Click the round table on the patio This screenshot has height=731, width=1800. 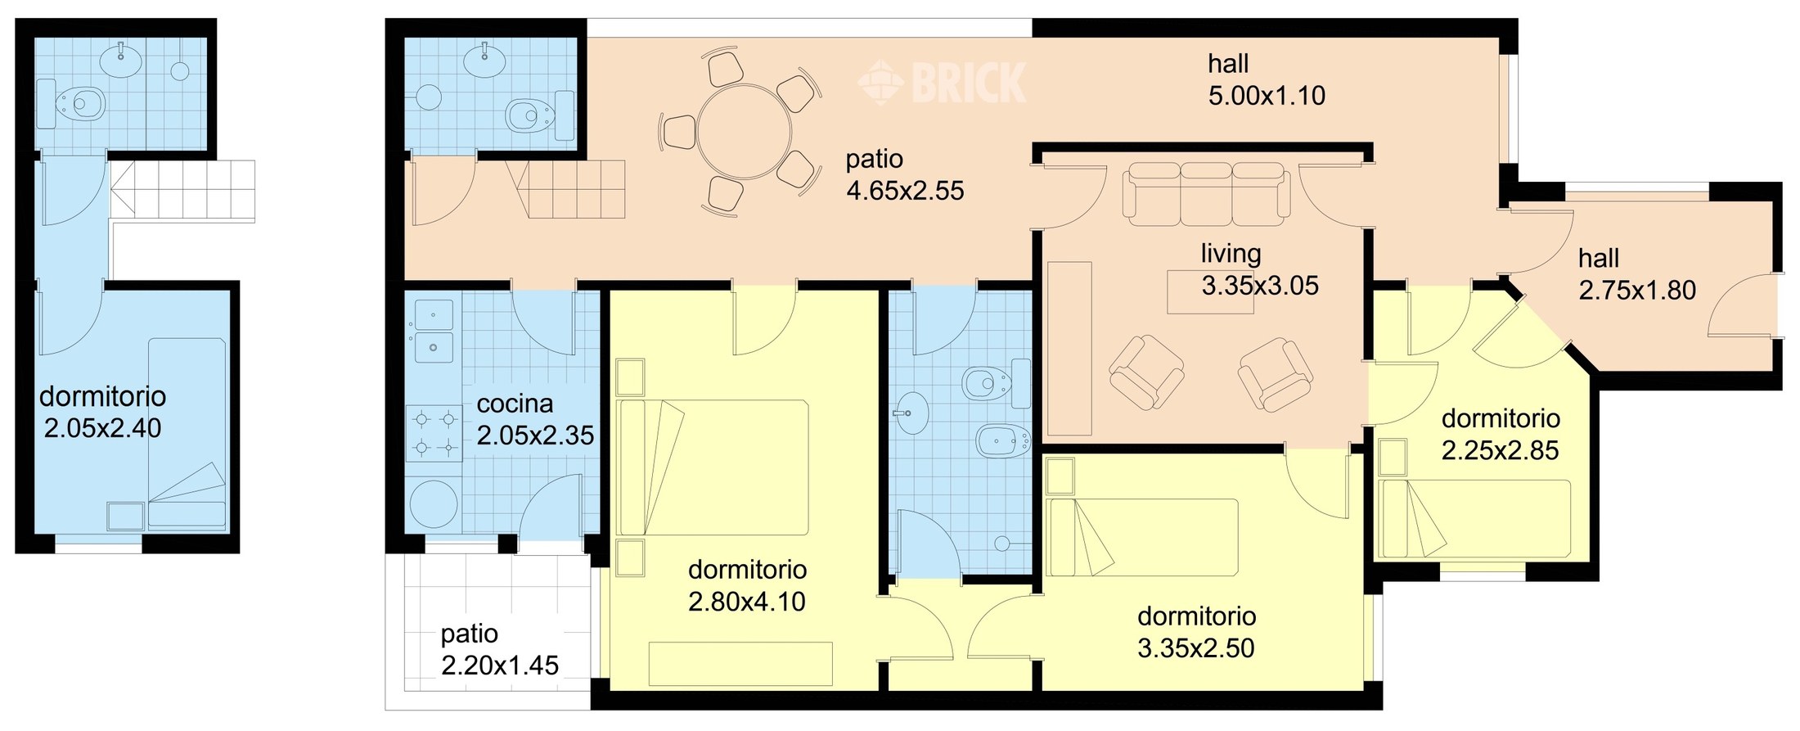tap(745, 132)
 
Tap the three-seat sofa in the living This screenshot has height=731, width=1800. tap(1206, 194)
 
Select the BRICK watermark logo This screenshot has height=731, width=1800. tap(942, 83)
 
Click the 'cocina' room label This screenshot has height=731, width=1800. tap(515, 404)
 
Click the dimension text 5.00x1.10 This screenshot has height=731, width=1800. tap(1267, 96)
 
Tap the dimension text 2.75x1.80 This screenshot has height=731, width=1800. tap(1637, 291)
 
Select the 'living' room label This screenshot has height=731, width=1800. tap(1231, 254)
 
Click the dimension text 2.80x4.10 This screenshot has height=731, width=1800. tap(747, 602)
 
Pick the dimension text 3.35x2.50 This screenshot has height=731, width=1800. tap(1196, 648)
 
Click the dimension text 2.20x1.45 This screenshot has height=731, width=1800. tap(500, 666)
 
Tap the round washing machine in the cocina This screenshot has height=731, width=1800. tap(434, 503)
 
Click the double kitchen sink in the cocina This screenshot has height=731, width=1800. tap(433, 332)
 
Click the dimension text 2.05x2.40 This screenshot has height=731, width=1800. tap(102, 428)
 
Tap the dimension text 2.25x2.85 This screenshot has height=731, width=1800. tap(1500, 450)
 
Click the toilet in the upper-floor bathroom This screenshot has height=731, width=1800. tap(71, 104)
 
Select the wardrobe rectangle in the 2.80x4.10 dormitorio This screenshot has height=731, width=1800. tap(740, 664)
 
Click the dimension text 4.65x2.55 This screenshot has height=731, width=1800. tap(905, 191)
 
